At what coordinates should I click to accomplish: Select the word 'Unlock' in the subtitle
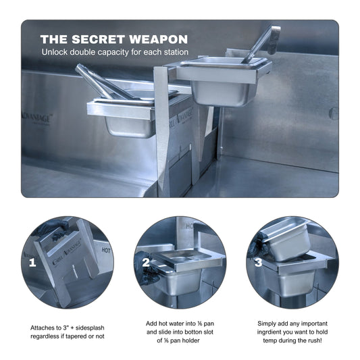pyautogui.click(x=56, y=52)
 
